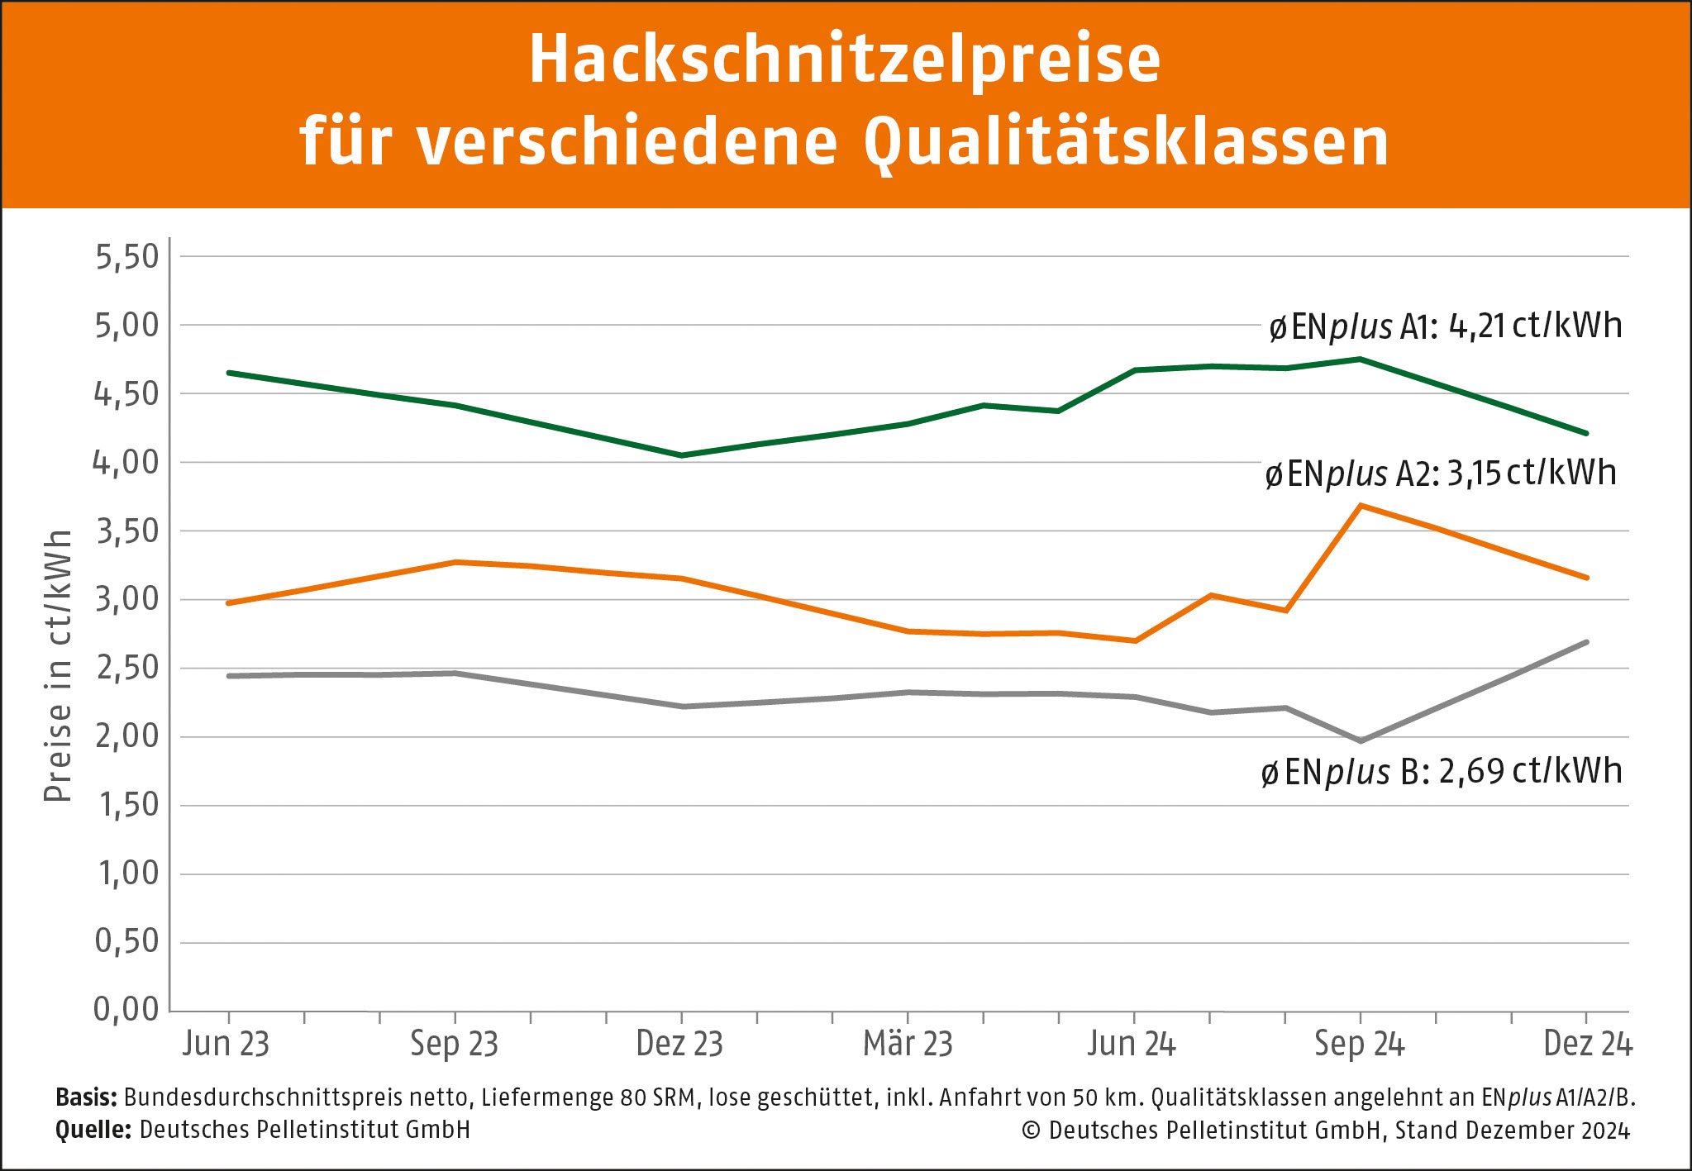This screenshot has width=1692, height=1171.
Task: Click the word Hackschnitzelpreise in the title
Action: [x=845, y=61]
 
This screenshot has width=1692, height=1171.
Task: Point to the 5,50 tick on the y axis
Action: [x=126, y=257]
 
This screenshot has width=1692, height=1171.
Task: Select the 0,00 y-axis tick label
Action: [x=126, y=1009]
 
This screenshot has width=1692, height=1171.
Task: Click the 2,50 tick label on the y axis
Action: [x=126, y=668]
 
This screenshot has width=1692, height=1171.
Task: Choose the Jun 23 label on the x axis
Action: [x=226, y=1044]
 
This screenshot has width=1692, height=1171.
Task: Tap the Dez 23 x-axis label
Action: [x=679, y=1044]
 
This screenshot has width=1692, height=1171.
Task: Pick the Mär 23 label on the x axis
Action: [x=908, y=1044]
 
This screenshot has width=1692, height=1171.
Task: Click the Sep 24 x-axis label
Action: [x=1360, y=1044]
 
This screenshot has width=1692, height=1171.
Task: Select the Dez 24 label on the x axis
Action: [x=1587, y=1044]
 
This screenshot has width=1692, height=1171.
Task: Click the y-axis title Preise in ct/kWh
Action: [x=58, y=666]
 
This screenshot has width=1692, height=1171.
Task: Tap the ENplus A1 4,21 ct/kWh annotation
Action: [x=1445, y=326]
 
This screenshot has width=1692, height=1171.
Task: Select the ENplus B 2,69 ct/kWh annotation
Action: [x=1441, y=772]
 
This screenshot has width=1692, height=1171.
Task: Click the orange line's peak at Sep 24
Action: [x=1361, y=505]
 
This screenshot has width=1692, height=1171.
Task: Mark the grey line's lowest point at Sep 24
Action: [x=1361, y=740]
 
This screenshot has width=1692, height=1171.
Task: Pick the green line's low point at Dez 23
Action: [x=681, y=455]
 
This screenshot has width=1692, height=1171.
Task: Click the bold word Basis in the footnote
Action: [x=86, y=1097]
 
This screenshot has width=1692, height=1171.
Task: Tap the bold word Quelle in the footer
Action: [x=93, y=1130]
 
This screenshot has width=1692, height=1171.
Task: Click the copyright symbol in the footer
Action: [x=1031, y=1131]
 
